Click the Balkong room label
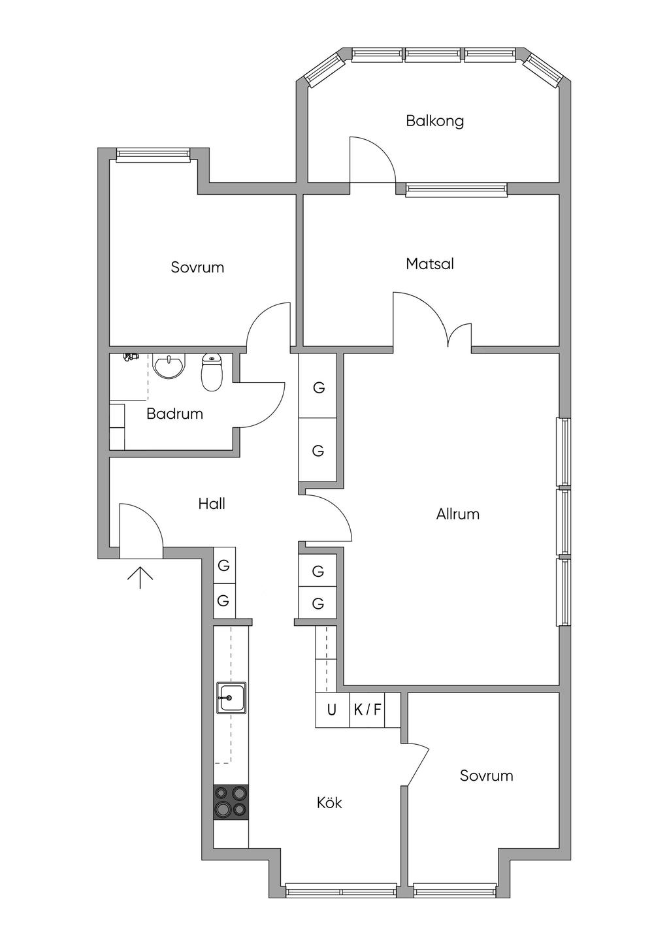434,121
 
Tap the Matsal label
429,264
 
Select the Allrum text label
457,514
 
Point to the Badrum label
174,414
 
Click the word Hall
212,504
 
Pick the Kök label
329,803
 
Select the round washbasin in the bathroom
169,366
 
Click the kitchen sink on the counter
232,697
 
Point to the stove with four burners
231,801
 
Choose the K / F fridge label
367,709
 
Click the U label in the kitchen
332,709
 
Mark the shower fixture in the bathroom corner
131,357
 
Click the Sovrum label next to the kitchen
486,776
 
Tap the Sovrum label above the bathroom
197,267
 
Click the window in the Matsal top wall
456,190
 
